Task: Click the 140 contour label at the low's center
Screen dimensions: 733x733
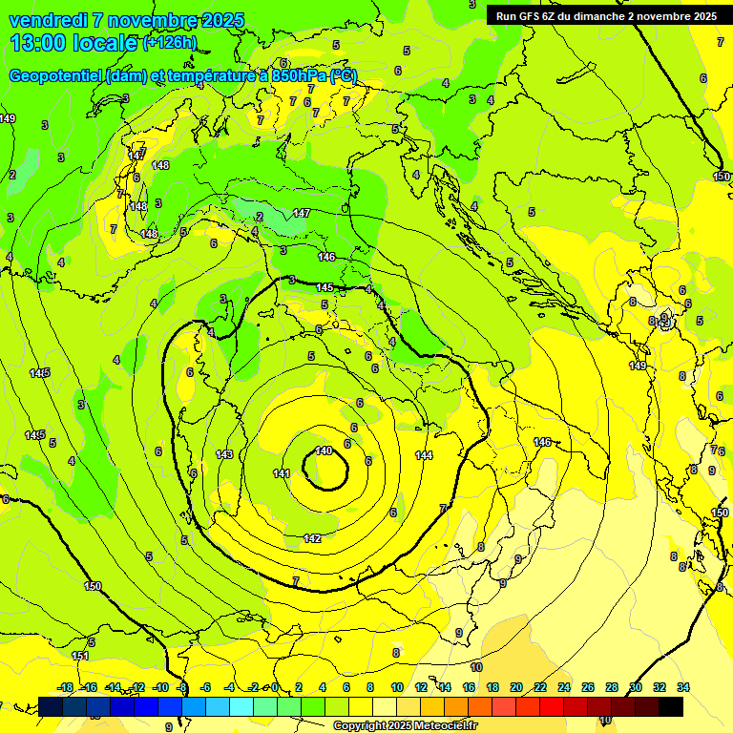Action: click(x=324, y=450)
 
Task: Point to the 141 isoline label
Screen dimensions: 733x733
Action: click(x=281, y=473)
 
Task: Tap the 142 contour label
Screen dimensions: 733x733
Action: click(x=312, y=538)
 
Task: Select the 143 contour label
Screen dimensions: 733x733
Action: click(x=225, y=454)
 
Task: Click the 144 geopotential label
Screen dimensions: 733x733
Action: click(x=425, y=455)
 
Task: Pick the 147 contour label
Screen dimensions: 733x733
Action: click(x=302, y=213)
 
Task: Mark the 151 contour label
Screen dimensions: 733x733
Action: click(x=80, y=656)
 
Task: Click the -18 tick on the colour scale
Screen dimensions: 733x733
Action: click(x=66, y=687)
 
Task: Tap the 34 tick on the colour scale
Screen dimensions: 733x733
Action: click(x=683, y=687)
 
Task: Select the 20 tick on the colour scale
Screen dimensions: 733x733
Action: click(x=516, y=687)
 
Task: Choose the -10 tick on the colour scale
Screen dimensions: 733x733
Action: click(x=160, y=687)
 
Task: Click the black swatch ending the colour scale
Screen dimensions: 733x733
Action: click(x=671, y=706)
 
